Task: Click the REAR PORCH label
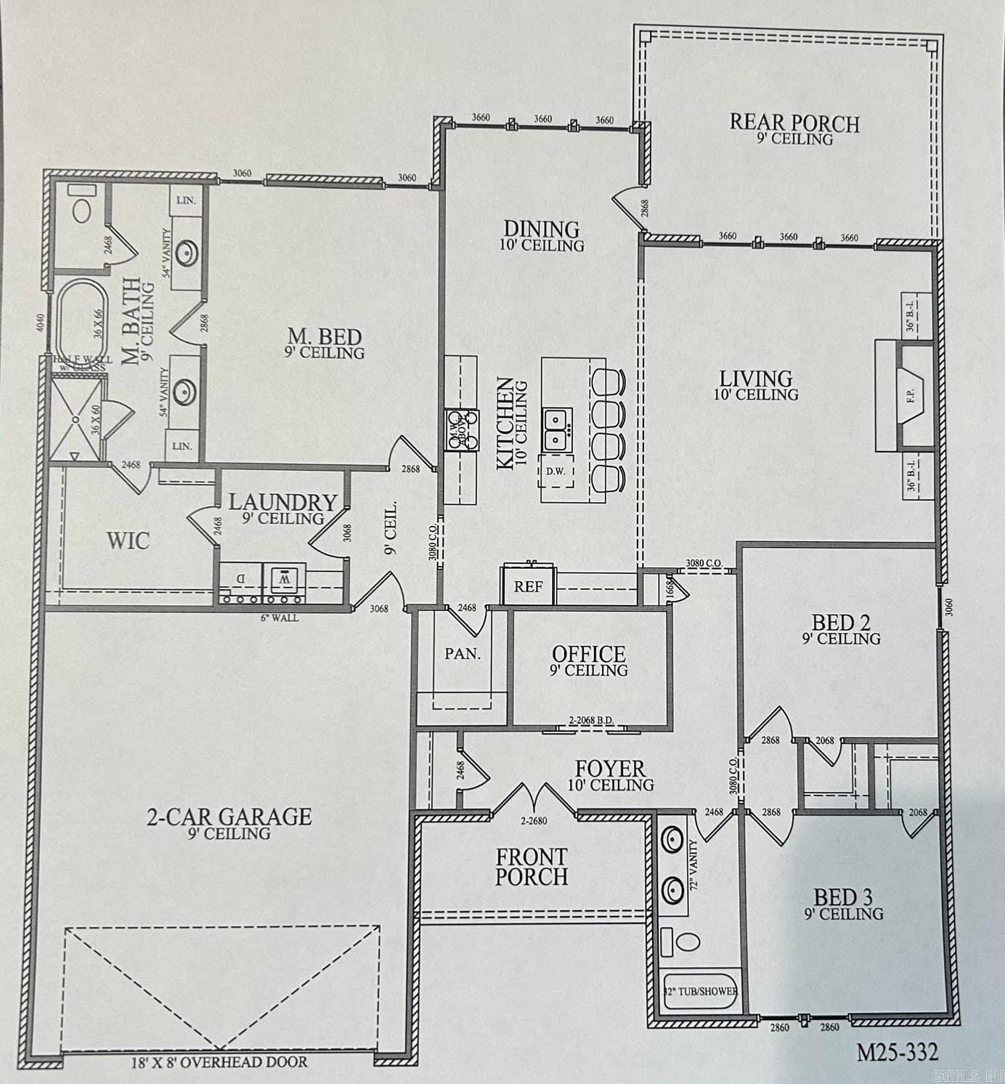[x=794, y=124]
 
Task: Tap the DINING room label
[x=542, y=230]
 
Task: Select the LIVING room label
[x=755, y=379]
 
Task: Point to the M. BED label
[x=325, y=337]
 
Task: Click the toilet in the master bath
[x=80, y=209]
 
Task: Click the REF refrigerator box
[x=529, y=586]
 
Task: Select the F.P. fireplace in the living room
[x=911, y=397]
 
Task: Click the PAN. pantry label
[x=463, y=654]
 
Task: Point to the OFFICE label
[x=588, y=655]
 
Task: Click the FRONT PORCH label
[x=532, y=867]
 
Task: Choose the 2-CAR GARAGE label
[x=229, y=817]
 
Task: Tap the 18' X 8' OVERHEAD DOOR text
[x=218, y=1062]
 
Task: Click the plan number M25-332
[x=897, y=1051]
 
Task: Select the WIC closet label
[x=128, y=541]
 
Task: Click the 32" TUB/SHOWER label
[x=701, y=991]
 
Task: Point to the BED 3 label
[x=843, y=897]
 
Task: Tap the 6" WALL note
[x=279, y=618]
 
